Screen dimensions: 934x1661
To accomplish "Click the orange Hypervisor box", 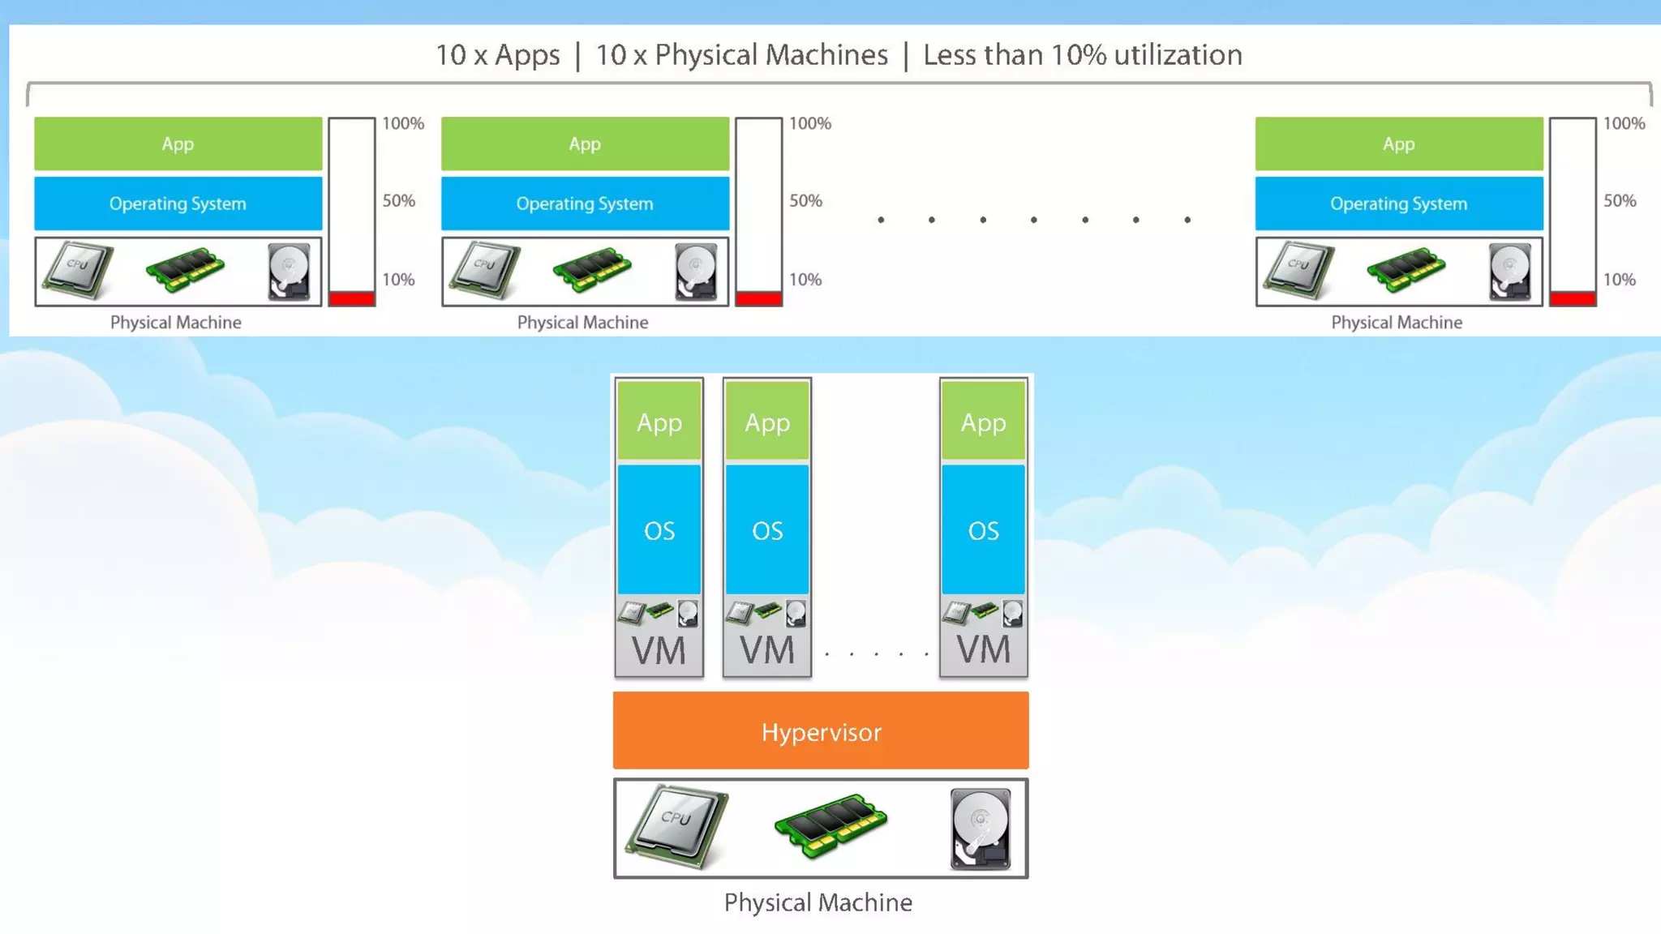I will [821, 730].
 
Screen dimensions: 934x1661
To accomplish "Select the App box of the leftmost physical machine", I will [178, 144].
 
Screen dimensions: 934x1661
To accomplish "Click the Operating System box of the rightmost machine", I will [1398, 204].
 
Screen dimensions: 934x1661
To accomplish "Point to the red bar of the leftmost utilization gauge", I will [351, 298].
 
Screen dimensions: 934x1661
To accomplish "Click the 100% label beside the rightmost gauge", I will [1624, 123].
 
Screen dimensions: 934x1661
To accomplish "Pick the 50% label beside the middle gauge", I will [805, 200].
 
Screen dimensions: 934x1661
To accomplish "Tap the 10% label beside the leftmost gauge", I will [398, 280].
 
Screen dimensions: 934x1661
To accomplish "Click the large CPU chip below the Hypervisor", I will [676, 825].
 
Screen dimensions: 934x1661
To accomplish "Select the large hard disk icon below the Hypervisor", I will [981, 828].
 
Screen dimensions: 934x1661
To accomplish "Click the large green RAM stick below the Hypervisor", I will [830, 825].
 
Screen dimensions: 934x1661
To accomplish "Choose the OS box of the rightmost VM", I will [983, 530].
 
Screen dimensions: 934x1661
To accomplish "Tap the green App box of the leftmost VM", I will [659, 422].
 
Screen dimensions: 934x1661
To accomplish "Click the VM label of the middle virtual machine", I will [766, 651].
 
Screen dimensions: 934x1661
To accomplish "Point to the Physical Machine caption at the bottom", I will [818, 902].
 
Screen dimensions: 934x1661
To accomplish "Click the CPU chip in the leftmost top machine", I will [78, 269].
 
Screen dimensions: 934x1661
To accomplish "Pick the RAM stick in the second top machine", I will [592, 269].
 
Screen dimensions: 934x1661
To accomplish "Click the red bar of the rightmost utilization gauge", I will [1573, 298].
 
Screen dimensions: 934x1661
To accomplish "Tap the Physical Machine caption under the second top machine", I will [582, 323].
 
